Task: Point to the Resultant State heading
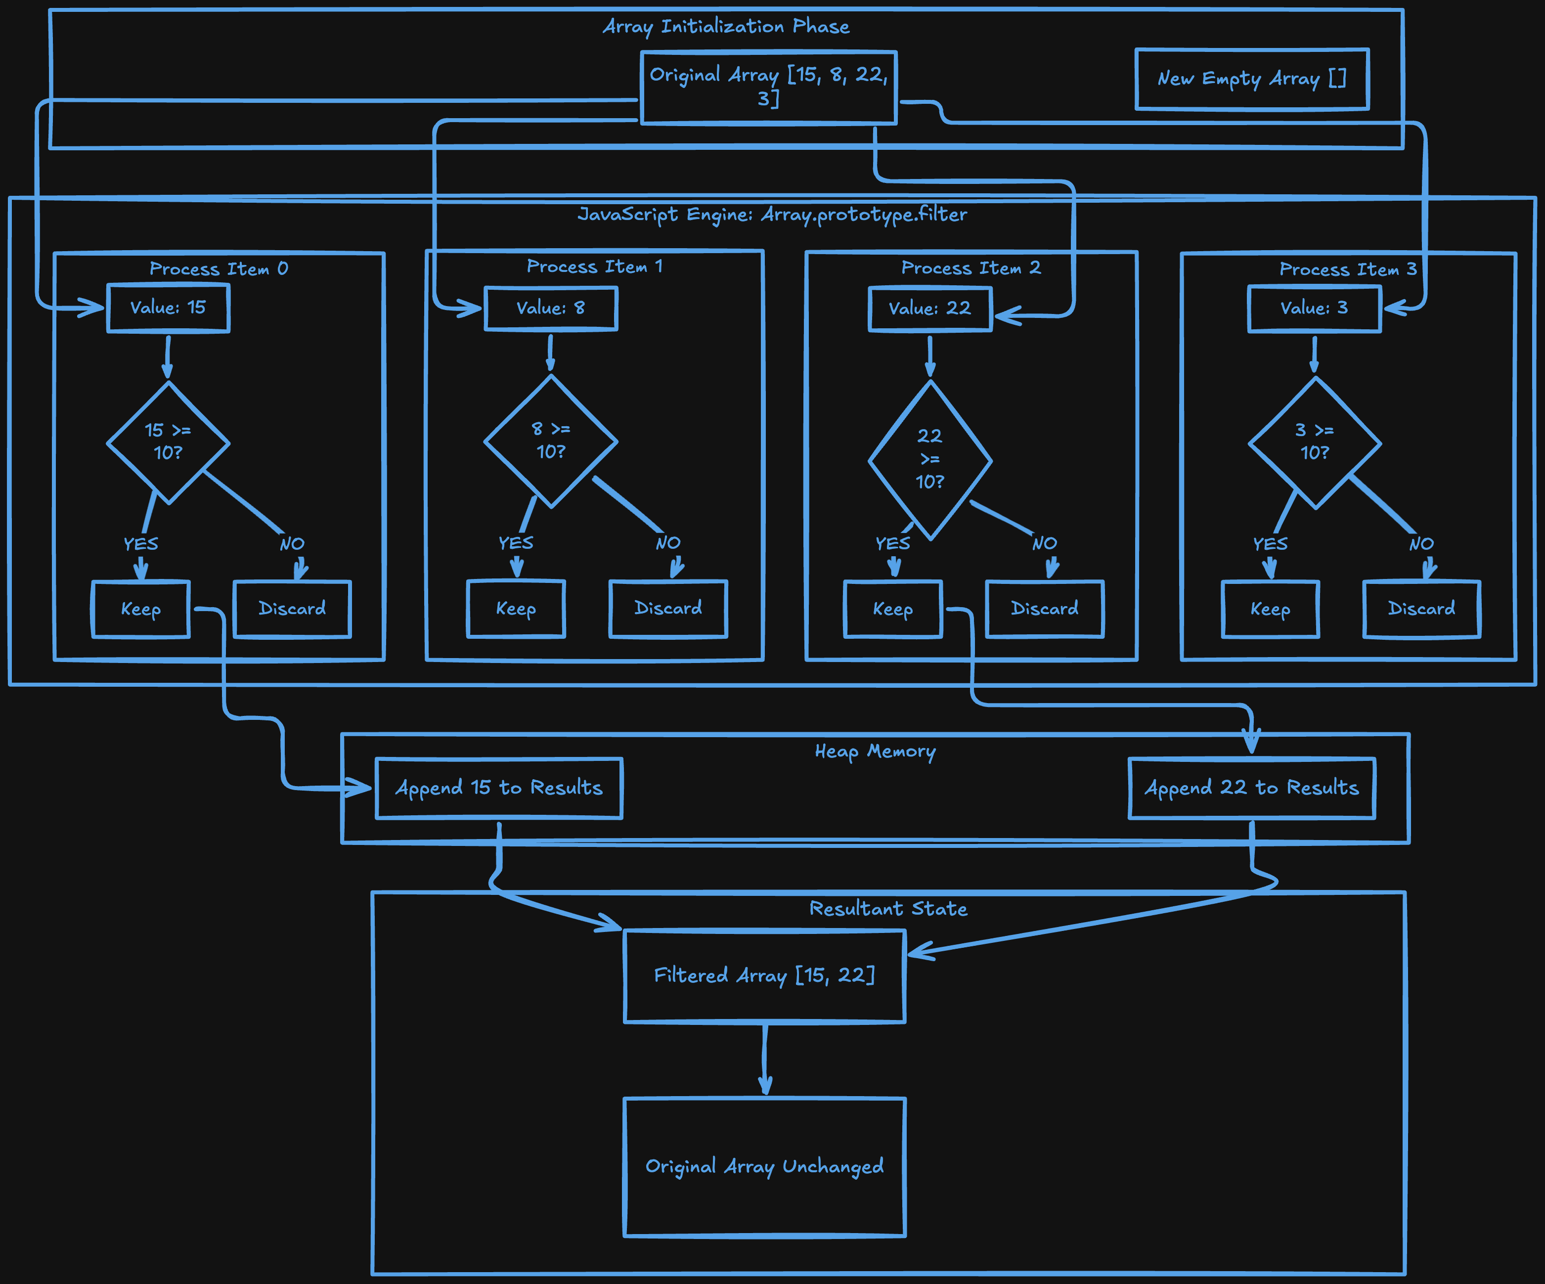click(x=888, y=909)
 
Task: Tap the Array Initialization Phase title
click(x=726, y=27)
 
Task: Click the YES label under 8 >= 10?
click(x=516, y=543)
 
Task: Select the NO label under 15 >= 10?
click(x=292, y=544)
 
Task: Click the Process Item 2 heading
click(x=971, y=268)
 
